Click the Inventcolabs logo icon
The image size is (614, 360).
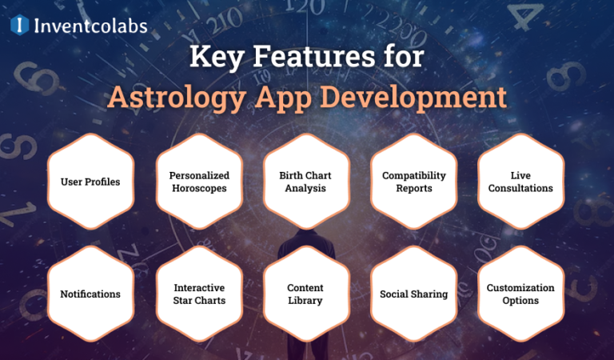point(20,26)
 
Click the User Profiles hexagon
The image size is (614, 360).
point(90,182)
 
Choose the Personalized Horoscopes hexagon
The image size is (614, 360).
point(199,182)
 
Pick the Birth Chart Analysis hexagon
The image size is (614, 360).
point(306,182)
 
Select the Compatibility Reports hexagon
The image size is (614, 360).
point(413,182)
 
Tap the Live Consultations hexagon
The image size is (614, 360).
point(520,182)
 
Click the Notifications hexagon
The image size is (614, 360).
point(90,294)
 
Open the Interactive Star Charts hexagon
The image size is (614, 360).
point(199,294)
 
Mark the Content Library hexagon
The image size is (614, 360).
point(306,294)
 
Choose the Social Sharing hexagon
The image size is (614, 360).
point(413,294)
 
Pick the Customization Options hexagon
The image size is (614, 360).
point(520,294)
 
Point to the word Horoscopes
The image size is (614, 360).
point(199,189)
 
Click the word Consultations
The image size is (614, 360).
point(520,189)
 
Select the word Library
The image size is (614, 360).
point(306,301)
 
